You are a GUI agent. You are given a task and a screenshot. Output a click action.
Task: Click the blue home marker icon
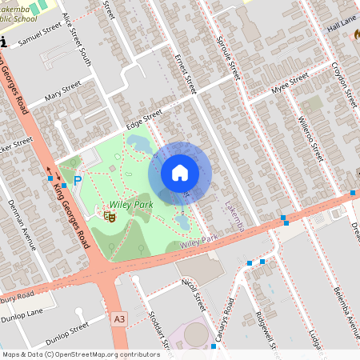(180, 173)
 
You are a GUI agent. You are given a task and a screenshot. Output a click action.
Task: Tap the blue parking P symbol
(78, 182)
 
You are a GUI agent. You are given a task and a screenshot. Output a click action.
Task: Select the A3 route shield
(120, 319)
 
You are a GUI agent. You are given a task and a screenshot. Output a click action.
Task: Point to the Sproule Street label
(229, 57)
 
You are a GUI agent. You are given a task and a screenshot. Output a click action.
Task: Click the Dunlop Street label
(67, 333)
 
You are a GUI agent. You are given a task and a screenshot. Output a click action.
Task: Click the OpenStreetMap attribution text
(81, 354)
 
